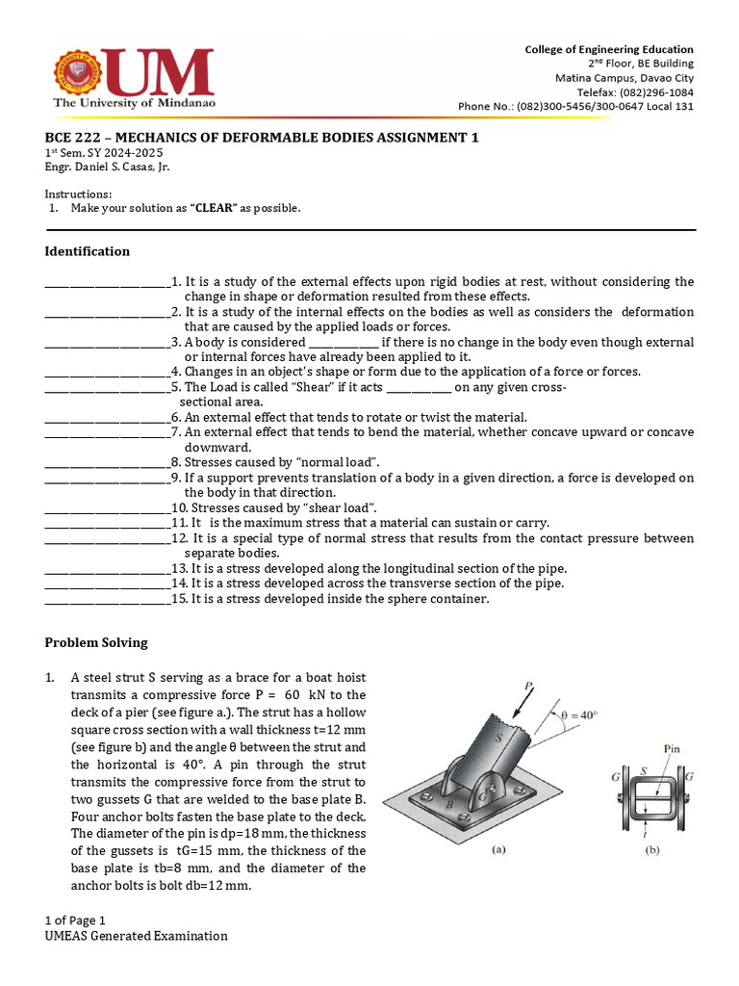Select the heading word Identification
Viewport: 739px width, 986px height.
tap(88, 251)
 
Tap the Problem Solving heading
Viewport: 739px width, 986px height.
tap(97, 642)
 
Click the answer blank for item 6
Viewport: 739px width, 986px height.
tap(107, 418)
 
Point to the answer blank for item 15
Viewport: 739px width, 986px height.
tap(107, 599)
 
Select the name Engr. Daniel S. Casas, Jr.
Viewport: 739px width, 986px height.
tap(106, 167)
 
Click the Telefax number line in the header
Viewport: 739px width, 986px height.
tap(624, 92)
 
